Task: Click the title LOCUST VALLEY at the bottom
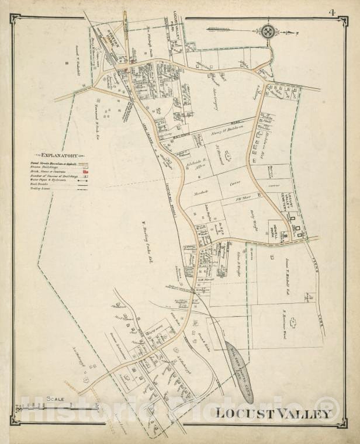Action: tap(273, 414)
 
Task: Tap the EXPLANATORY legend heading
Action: tap(58, 155)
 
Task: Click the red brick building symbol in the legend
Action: tap(85, 172)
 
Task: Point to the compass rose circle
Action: tap(268, 32)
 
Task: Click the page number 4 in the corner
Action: tap(347, 12)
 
